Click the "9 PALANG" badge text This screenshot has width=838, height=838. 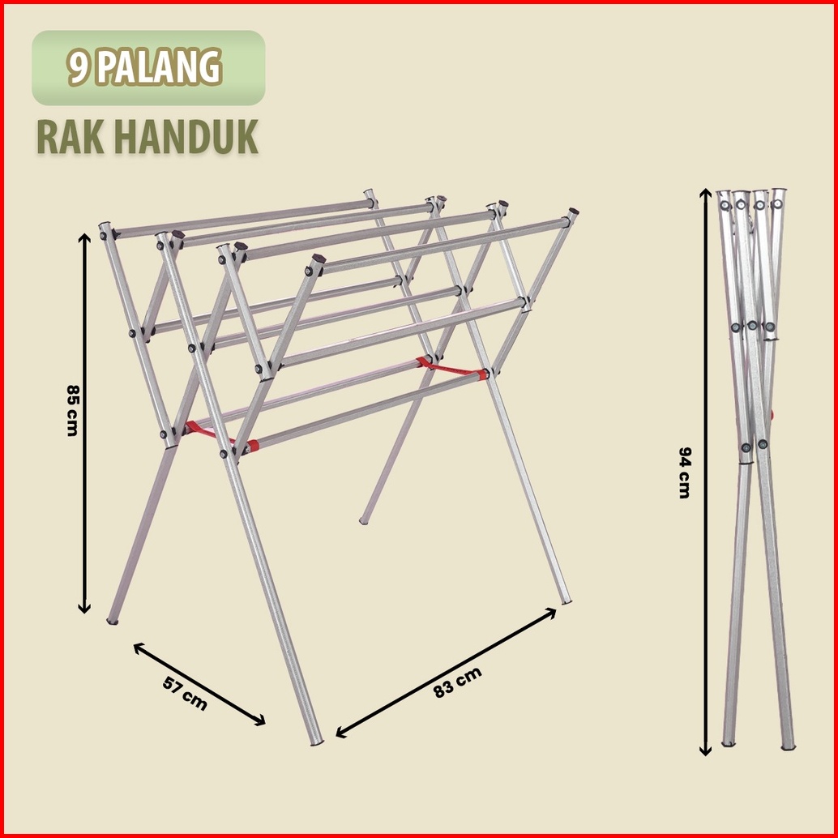pyautogui.click(x=146, y=68)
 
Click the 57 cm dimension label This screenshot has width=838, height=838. pyautogui.click(x=185, y=694)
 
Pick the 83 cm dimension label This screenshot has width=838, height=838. pyautogui.click(x=458, y=682)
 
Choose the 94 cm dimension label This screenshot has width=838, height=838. pyautogui.click(x=684, y=472)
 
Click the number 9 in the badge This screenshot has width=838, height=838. pyautogui.click(x=79, y=68)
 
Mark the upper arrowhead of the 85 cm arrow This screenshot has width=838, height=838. pyautogui.click(x=83, y=237)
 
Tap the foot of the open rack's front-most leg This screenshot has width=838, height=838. pyautogui.click(x=317, y=741)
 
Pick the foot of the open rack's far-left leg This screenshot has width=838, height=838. pyautogui.click(x=113, y=621)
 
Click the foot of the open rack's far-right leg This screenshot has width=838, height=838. pyautogui.click(x=566, y=601)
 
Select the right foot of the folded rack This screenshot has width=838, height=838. pyautogui.click(x=788, y=745)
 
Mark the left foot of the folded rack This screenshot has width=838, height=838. pyautogui.click(x=729, y=742)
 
